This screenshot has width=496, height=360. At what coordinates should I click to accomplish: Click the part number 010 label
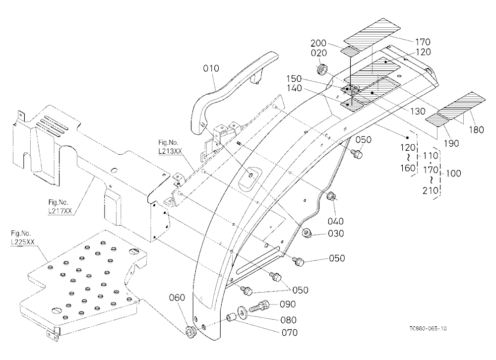point(211,68)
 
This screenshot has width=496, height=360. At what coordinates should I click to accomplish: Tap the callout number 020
point(319,53)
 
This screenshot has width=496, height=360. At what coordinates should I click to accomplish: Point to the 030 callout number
point(336,234)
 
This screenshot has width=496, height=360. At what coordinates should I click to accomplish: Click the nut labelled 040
point(331,196)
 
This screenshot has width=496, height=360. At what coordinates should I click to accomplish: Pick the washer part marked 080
point(243,311)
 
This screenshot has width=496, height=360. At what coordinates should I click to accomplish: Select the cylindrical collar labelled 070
point(232,316)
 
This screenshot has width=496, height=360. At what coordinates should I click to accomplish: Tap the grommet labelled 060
point(191,331)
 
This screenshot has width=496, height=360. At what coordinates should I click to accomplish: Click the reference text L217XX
point(60,211)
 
